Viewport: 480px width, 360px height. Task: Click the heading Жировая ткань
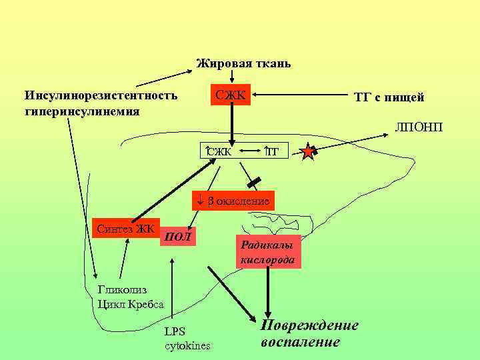tap(243, 64)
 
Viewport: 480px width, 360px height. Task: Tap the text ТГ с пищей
tap(389, 97)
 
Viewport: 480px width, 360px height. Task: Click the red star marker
tap(308, 153)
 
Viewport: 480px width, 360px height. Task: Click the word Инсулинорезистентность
tap(101, 95)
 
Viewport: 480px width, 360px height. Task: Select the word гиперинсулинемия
tap(82, 110)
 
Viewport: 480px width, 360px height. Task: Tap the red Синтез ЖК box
tap(125, 229)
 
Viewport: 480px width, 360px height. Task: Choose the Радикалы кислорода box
tap(267, 251)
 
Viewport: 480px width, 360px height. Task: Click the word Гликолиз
tap(122, 290)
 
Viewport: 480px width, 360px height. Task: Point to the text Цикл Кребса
tap(131, 305)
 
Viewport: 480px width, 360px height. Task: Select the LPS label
tap(175, 331)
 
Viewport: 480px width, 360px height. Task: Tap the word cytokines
tap(187, 345)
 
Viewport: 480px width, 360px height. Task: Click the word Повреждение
tap(309, 325)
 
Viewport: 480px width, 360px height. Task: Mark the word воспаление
tap(300, 342)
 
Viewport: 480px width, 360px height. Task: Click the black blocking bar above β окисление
tap(253, 181)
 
